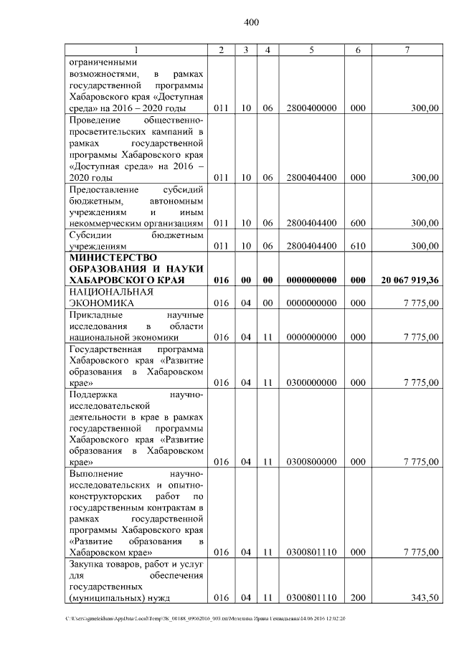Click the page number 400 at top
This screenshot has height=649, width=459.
pos(251,22)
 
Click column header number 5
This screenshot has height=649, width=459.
pos(311,49)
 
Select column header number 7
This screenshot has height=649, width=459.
pos(407,49)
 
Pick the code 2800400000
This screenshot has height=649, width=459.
pos(311,108)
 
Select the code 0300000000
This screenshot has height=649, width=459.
pos(311,382)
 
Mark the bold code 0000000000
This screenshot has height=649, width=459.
pos(311,280)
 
